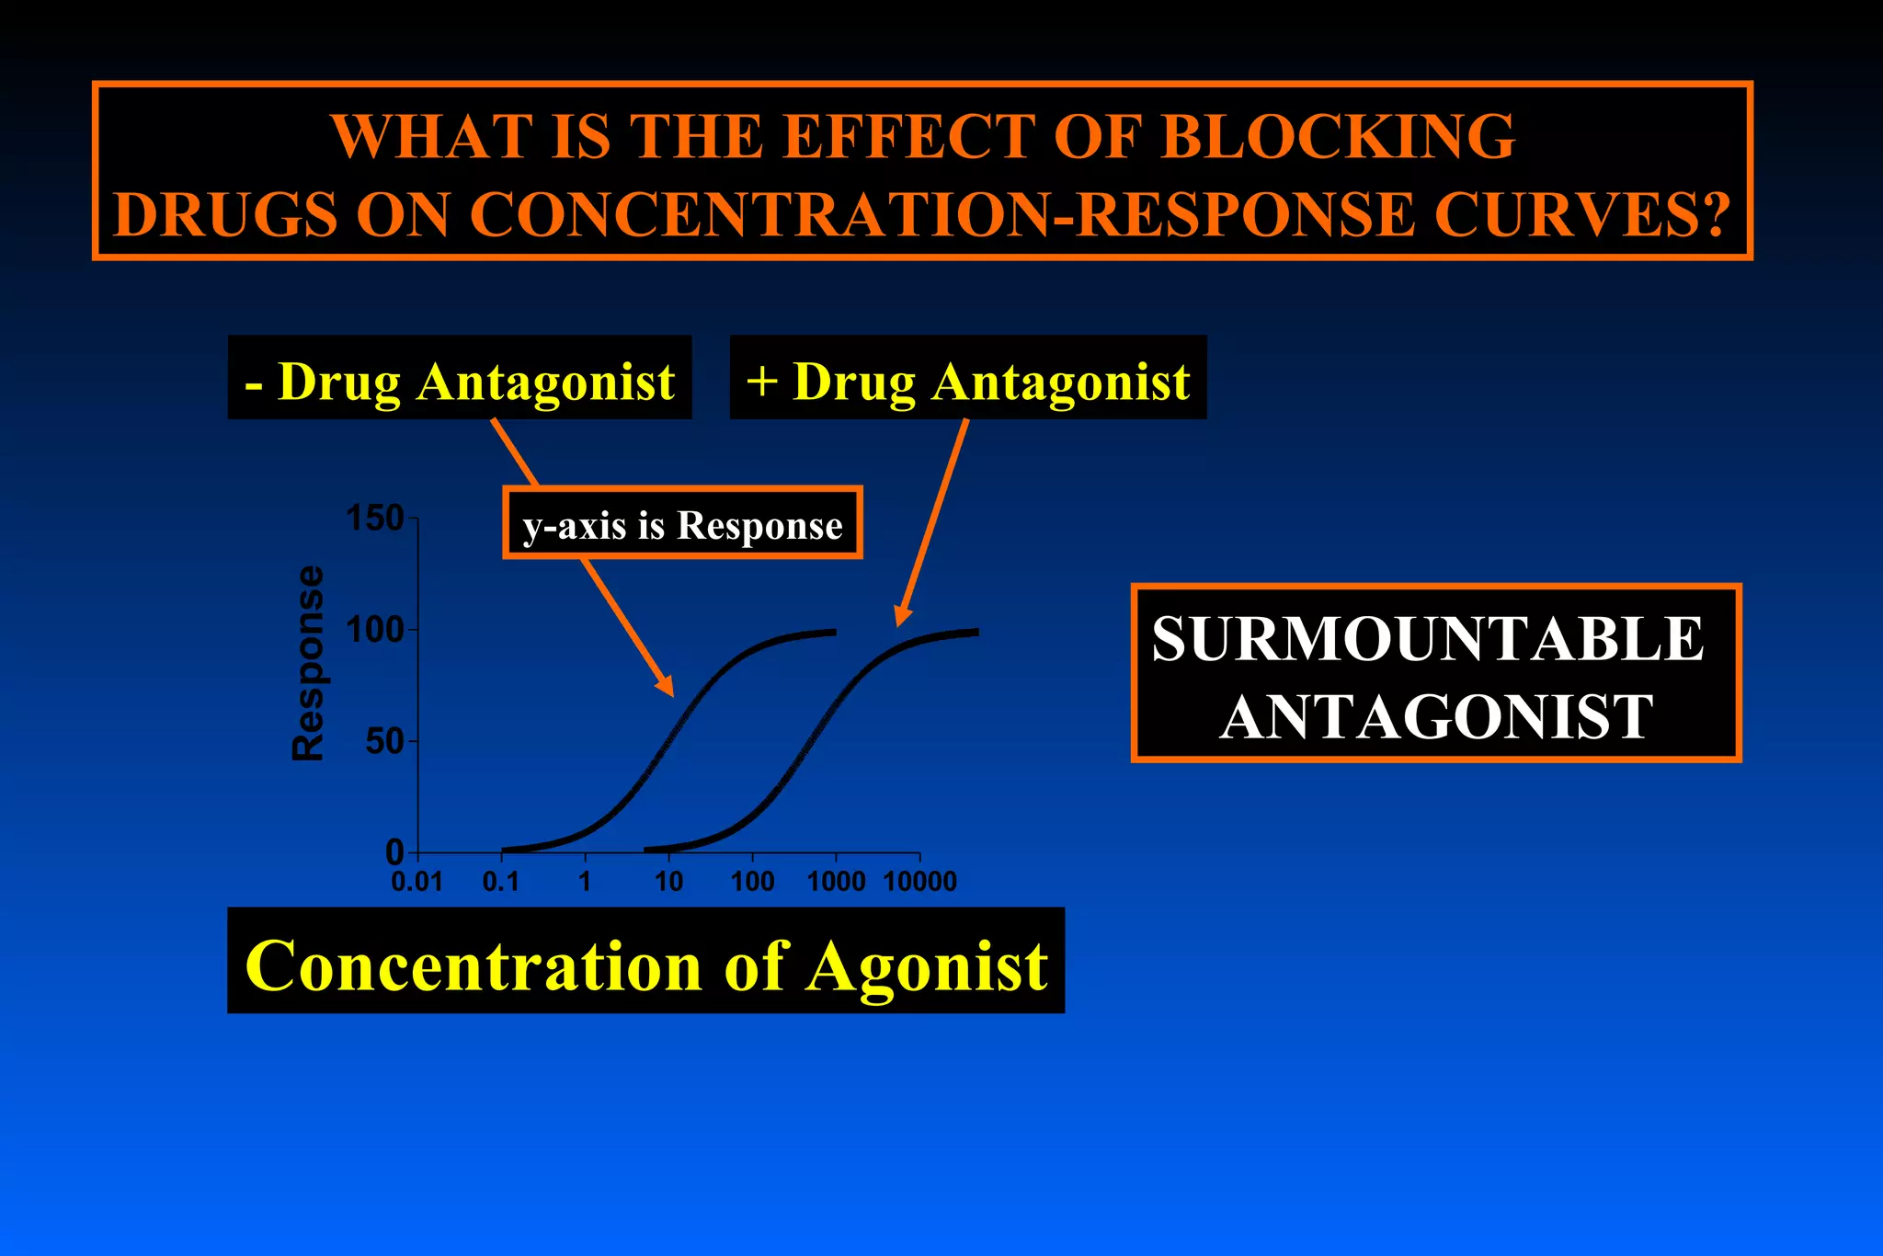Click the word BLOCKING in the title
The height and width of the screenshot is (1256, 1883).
1338,137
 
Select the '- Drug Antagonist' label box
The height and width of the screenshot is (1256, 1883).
460,379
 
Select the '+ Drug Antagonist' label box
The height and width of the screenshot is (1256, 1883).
967,379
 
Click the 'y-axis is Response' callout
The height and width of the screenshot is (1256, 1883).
682,524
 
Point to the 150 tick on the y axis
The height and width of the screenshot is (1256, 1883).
375,519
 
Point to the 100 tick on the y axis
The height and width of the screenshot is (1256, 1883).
375,631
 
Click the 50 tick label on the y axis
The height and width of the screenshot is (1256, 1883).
384,742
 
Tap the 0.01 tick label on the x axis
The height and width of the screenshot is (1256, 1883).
417,882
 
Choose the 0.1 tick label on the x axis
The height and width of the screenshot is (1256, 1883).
501,882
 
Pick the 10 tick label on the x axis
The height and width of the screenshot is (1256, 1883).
668,882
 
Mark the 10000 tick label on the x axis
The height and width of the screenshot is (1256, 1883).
919,882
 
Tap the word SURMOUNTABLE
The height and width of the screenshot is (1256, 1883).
1428,639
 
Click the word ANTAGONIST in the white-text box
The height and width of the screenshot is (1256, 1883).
1436,717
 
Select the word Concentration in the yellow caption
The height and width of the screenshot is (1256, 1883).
474,965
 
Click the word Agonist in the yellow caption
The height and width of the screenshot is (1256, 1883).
927,965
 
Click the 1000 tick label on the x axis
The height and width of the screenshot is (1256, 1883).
836,882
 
